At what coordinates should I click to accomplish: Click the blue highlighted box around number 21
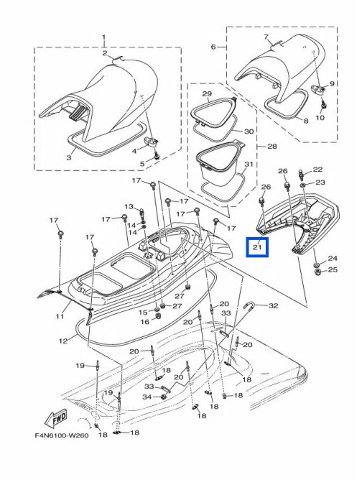257,247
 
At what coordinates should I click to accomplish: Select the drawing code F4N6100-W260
62,435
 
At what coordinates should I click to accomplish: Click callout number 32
273,305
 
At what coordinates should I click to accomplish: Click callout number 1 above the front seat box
104,37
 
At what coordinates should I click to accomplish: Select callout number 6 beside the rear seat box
213,47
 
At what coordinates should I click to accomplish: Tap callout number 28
271,146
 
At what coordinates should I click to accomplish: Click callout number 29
207,93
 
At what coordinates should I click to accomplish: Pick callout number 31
249,164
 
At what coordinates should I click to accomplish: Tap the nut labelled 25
317,272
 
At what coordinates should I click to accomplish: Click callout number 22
317,169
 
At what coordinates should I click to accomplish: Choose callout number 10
320,118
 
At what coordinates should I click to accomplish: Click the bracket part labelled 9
317,89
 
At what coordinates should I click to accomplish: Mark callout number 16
145,322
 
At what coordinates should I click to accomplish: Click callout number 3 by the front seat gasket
69,157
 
